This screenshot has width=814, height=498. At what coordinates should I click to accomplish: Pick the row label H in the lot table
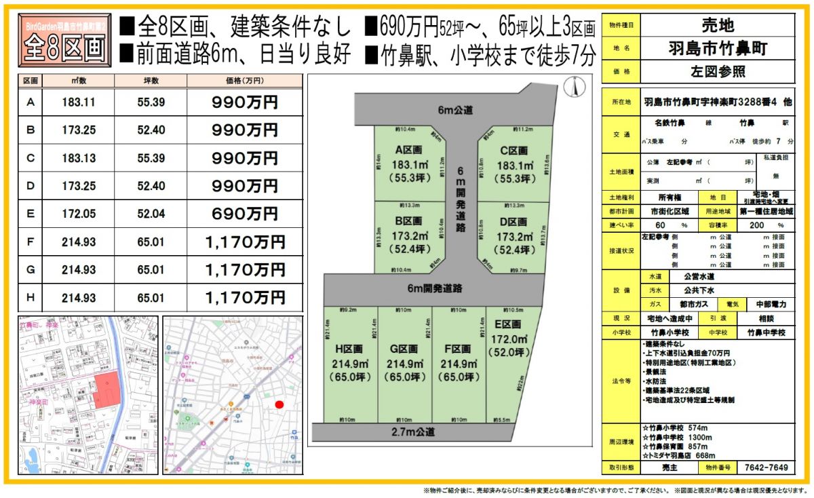pyautogui.click(x=30, y=297)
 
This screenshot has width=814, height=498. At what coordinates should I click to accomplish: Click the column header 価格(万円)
pyautogui.click(x=244, y=81)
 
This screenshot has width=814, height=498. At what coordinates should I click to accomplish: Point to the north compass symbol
pyautogui.click(x=574, y=86)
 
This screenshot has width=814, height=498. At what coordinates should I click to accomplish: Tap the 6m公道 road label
pyautogui.click(x=454, y=109)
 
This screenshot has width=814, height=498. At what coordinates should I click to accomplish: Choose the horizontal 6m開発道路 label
pyautogui.click(x=435, y=288)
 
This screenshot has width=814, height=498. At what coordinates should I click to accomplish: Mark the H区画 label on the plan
pyautogui.click(x=351, y=349)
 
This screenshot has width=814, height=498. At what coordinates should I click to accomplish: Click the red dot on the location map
pyautogui.click(x=279, y=405)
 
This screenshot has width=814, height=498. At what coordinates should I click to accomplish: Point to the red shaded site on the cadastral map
pyautogui.click(x=104, y=390)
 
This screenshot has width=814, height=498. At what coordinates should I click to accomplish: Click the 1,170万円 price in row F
pyautogui.click(x=245, y=242)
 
